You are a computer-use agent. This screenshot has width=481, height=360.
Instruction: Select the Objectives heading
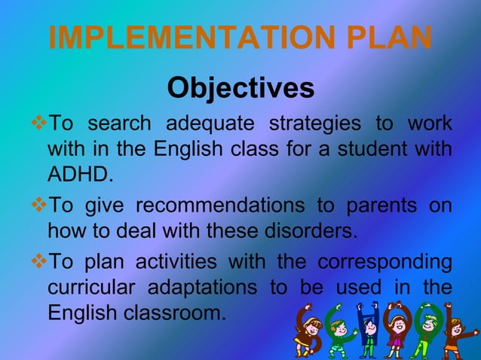tap(240, 88)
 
